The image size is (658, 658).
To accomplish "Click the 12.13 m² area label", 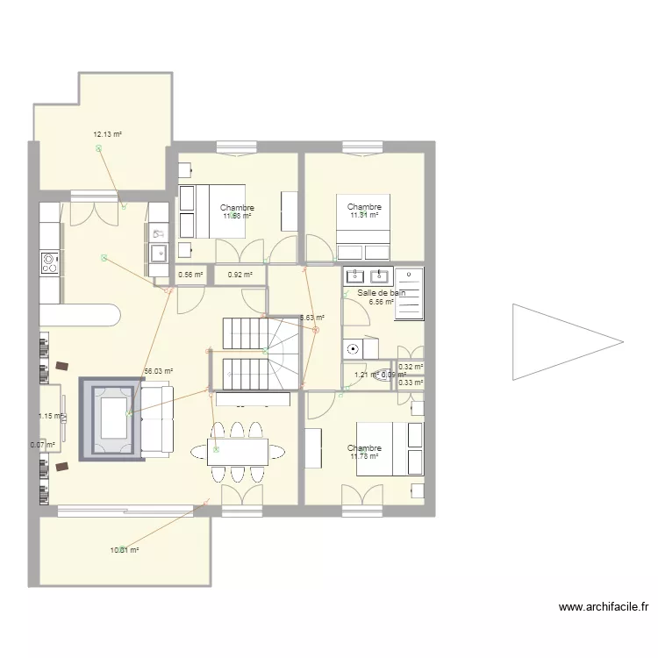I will coord(107,134).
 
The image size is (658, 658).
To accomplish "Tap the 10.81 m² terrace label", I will coord(125,550).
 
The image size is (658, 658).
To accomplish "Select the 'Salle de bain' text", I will coord(382,292).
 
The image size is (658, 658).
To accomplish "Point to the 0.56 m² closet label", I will coord(190,275).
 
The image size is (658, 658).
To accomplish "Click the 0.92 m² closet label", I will coord(240,275).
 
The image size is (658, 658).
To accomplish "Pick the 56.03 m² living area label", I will coord(158,371).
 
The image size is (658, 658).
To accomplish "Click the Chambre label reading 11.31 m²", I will coord(364,211).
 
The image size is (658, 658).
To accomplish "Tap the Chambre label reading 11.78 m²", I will coord(364,452).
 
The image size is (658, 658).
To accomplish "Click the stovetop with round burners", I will coord(49,261).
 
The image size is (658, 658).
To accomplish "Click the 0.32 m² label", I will coord(410,368).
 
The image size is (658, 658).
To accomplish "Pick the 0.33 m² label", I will coord(410,382).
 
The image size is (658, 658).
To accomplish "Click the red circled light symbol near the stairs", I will coord(317,331).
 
